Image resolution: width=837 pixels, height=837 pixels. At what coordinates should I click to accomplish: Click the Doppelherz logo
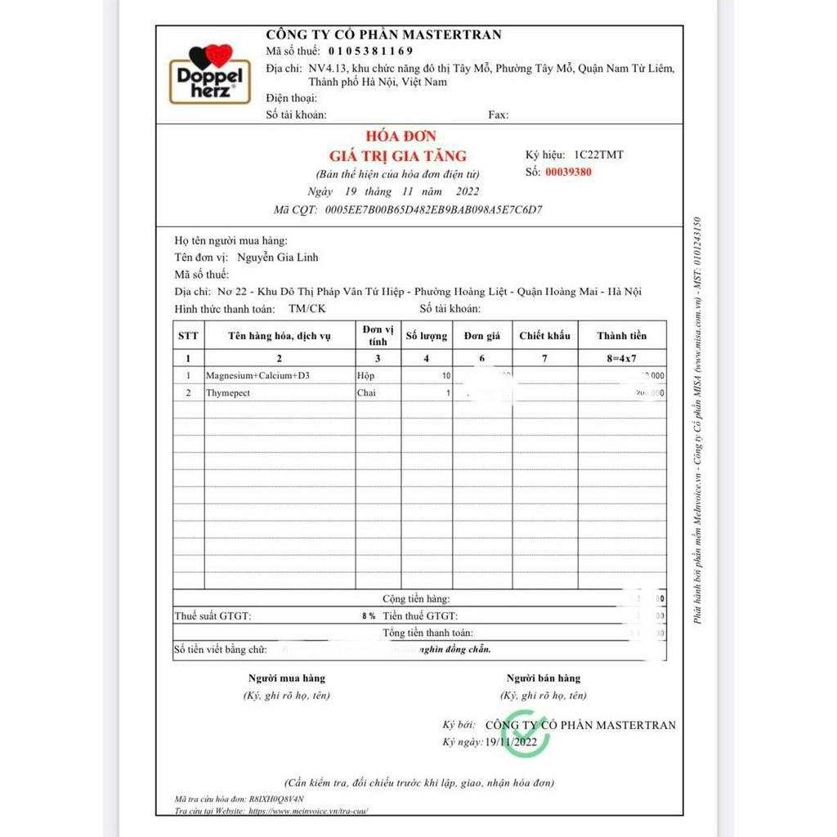point(209,74)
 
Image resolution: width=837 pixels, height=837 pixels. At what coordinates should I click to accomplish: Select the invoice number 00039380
point(568,172)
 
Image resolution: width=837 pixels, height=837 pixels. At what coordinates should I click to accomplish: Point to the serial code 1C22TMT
point(598,154)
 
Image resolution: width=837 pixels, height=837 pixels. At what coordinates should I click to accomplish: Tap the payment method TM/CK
point(307,309)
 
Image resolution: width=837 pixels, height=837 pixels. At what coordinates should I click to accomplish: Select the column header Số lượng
point(427,336)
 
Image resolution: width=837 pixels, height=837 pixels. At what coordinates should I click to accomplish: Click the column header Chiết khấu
point(544,336)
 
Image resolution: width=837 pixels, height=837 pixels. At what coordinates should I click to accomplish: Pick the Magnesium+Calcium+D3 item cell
point(258,376)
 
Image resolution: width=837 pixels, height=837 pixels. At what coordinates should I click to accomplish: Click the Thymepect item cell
point(228,393)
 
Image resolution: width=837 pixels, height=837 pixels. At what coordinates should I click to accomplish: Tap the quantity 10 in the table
point(445,376)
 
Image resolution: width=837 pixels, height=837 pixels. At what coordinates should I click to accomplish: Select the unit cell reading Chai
point(366,393)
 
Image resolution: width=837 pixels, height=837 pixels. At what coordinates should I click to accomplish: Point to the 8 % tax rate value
point(369,616)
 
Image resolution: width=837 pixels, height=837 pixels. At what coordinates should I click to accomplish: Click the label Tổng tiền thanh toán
point(427,633)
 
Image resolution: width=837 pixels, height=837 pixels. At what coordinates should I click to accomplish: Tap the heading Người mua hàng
point(286,678)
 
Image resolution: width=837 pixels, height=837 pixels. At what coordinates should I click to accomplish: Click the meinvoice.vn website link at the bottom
point(308,811)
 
